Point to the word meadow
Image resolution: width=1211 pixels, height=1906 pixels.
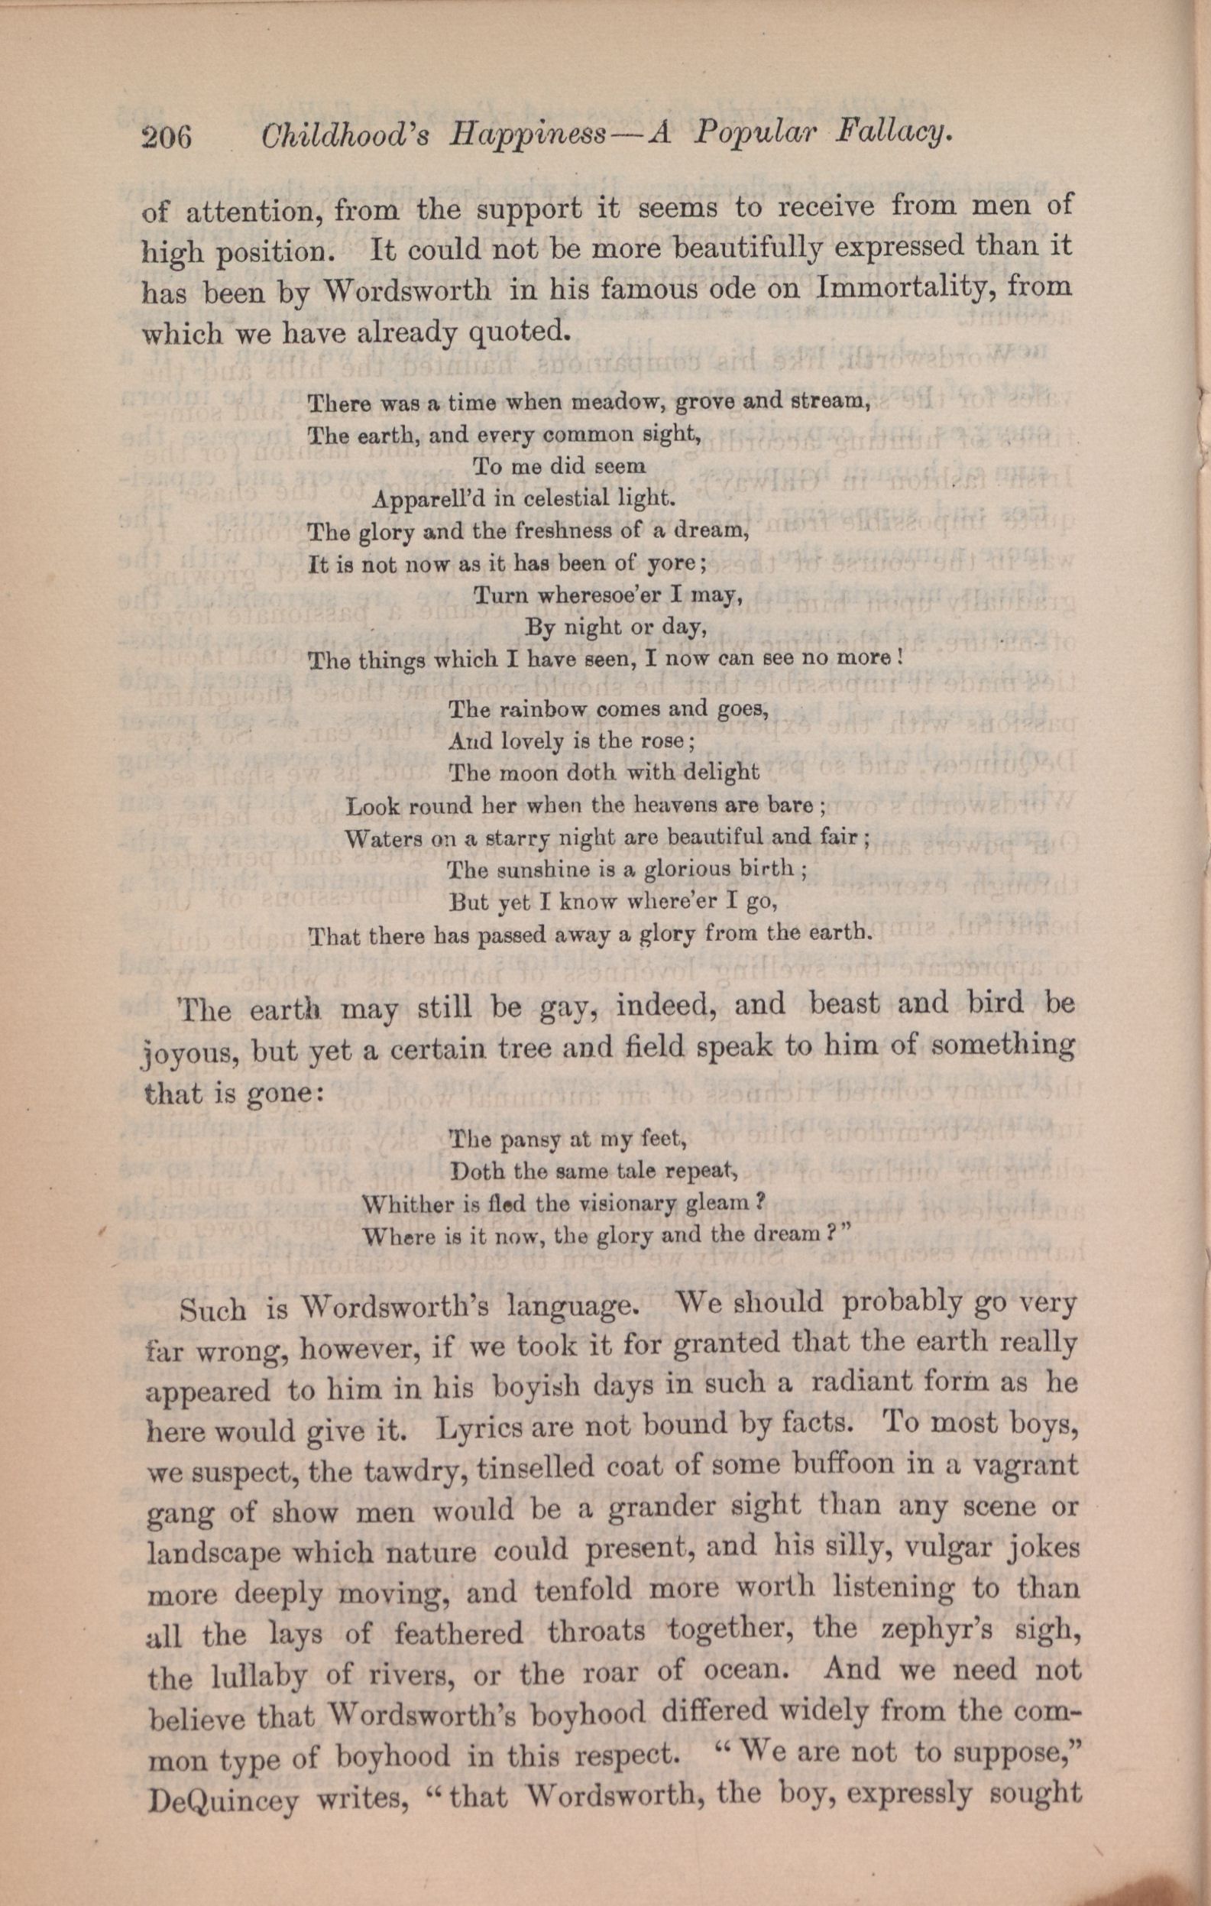click(600, 403)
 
